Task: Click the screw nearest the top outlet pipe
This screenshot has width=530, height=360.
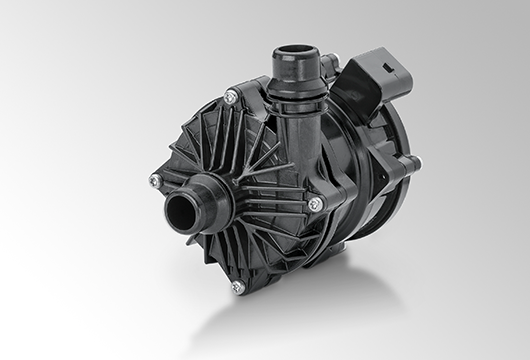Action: click(231, 96)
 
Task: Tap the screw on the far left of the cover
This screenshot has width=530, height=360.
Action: click(155, 180)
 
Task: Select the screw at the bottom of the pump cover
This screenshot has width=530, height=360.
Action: click(237, 286)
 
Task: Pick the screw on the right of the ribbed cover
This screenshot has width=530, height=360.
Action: click(316, 203)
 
